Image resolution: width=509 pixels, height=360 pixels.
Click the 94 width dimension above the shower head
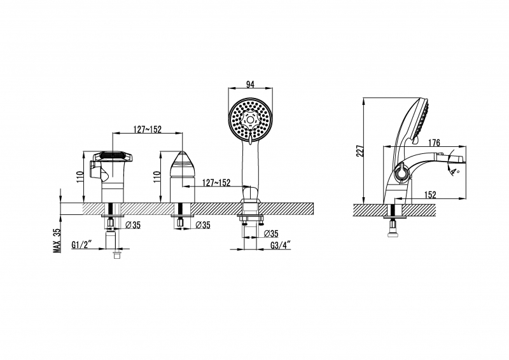click(250, 85)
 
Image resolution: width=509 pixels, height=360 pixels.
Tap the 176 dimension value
click(434, 142)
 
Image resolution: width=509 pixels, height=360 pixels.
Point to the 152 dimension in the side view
click(430, 195)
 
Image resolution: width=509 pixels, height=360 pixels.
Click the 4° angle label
click(454, 170)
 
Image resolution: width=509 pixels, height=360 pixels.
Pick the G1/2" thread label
click(82, 244)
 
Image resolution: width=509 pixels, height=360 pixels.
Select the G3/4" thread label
click(281, 245)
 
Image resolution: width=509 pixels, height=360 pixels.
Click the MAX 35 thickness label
click(57, 240)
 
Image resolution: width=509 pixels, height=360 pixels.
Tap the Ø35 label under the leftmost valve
click(133, 225)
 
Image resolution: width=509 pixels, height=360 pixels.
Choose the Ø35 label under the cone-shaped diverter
click(203, 225)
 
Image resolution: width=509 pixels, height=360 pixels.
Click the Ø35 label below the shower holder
click(271, 233)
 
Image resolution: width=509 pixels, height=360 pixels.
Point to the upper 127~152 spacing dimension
click(148, 129)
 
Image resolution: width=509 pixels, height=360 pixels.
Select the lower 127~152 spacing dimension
click(216, 183)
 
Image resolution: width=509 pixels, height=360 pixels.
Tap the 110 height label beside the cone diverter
click(157, 177)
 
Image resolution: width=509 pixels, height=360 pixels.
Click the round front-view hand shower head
click(250, 120)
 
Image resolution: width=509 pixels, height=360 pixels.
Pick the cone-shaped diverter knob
click(183, 163)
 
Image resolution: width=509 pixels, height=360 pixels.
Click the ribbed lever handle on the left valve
click(113, 156)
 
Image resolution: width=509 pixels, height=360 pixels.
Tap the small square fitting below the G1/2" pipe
click(116, 255)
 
